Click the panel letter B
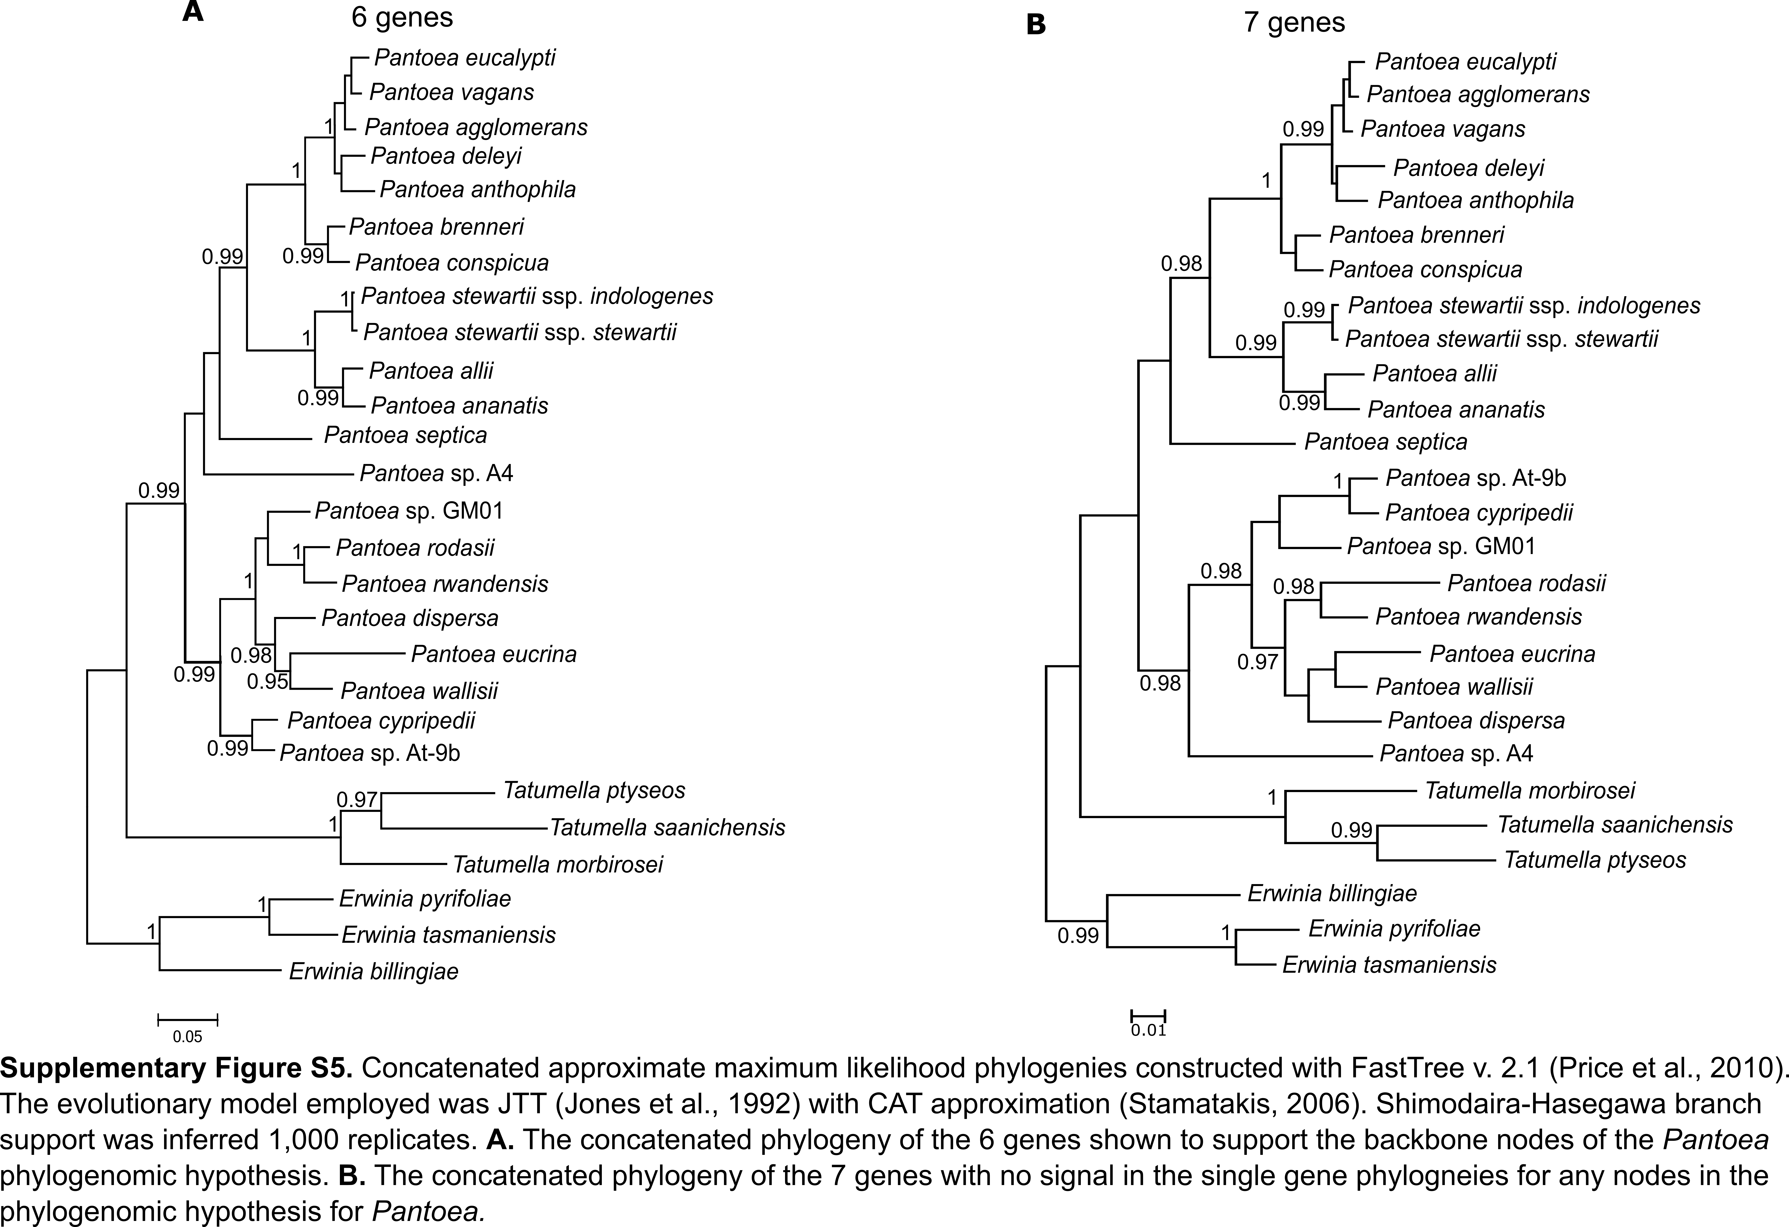1036,25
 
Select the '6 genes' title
402,17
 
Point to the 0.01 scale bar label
1148,1031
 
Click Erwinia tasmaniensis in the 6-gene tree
448,935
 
